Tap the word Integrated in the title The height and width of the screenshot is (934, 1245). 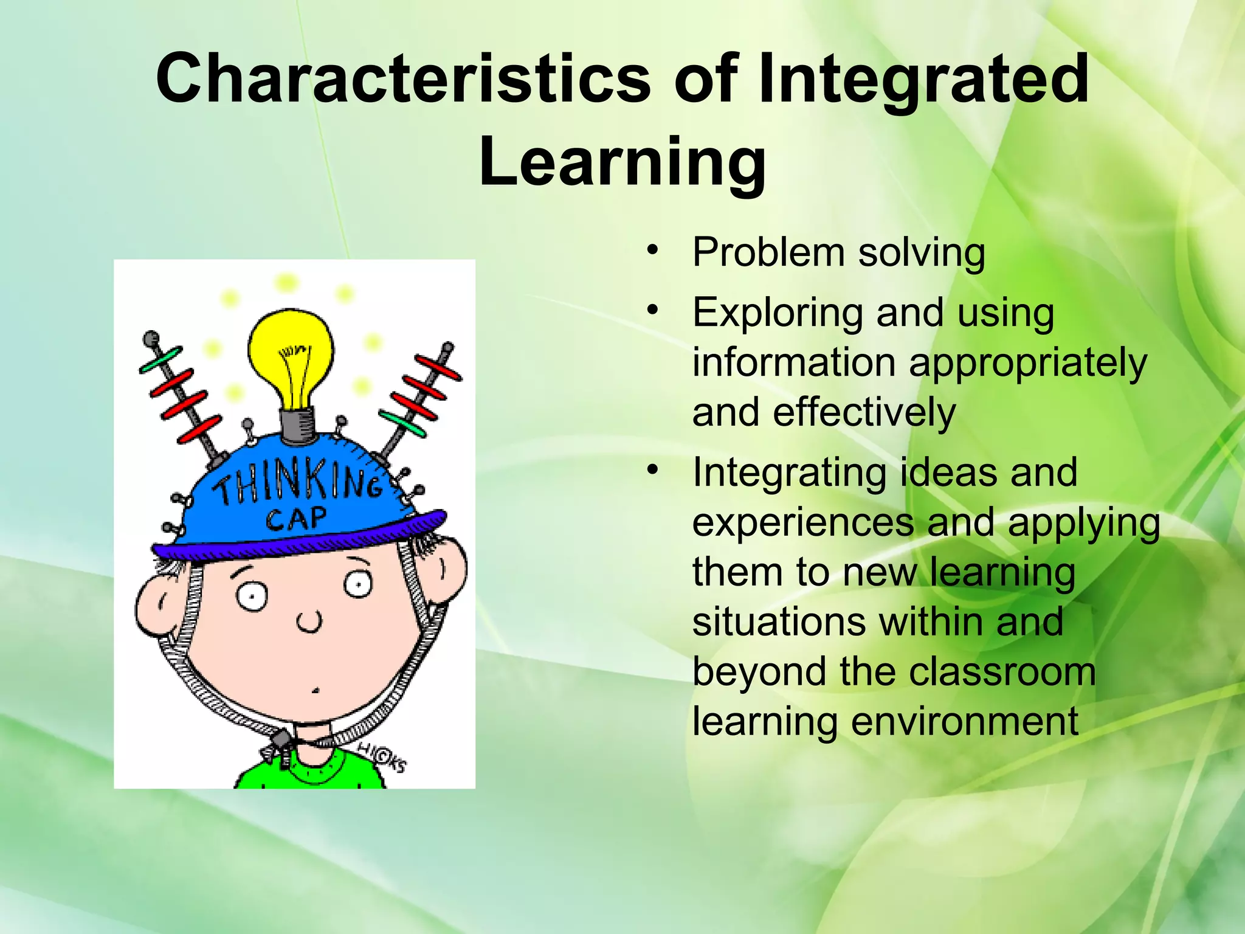pos(923,79)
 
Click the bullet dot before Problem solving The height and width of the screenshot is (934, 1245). pos(652,250)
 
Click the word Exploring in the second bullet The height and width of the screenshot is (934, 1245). pos(777,313)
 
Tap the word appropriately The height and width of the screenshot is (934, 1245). pos(1027,363)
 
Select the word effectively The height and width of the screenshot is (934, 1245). pos(864,412)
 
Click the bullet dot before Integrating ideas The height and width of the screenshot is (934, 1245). pos(652,470)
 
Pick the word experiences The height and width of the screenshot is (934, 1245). pos(802,522)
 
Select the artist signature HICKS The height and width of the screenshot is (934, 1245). pos(382,758)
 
